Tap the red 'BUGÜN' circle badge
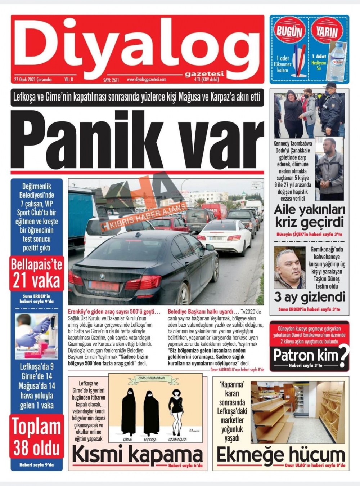point(289,31)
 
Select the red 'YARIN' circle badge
point(327,31)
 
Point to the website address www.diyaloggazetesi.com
point(146,80)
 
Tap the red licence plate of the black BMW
point(103,286)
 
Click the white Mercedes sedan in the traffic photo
point(225,236)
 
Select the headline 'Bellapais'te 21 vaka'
point(36,273)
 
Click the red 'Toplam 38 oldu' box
point(36,437)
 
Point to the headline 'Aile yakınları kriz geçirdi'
point(309,216)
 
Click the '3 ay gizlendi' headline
point(309,298)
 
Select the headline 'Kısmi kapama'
point(137,454)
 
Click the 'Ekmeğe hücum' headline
point(280,454)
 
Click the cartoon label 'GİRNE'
point(127,440)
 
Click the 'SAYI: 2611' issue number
point(111,80)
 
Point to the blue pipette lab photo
point(36,336)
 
